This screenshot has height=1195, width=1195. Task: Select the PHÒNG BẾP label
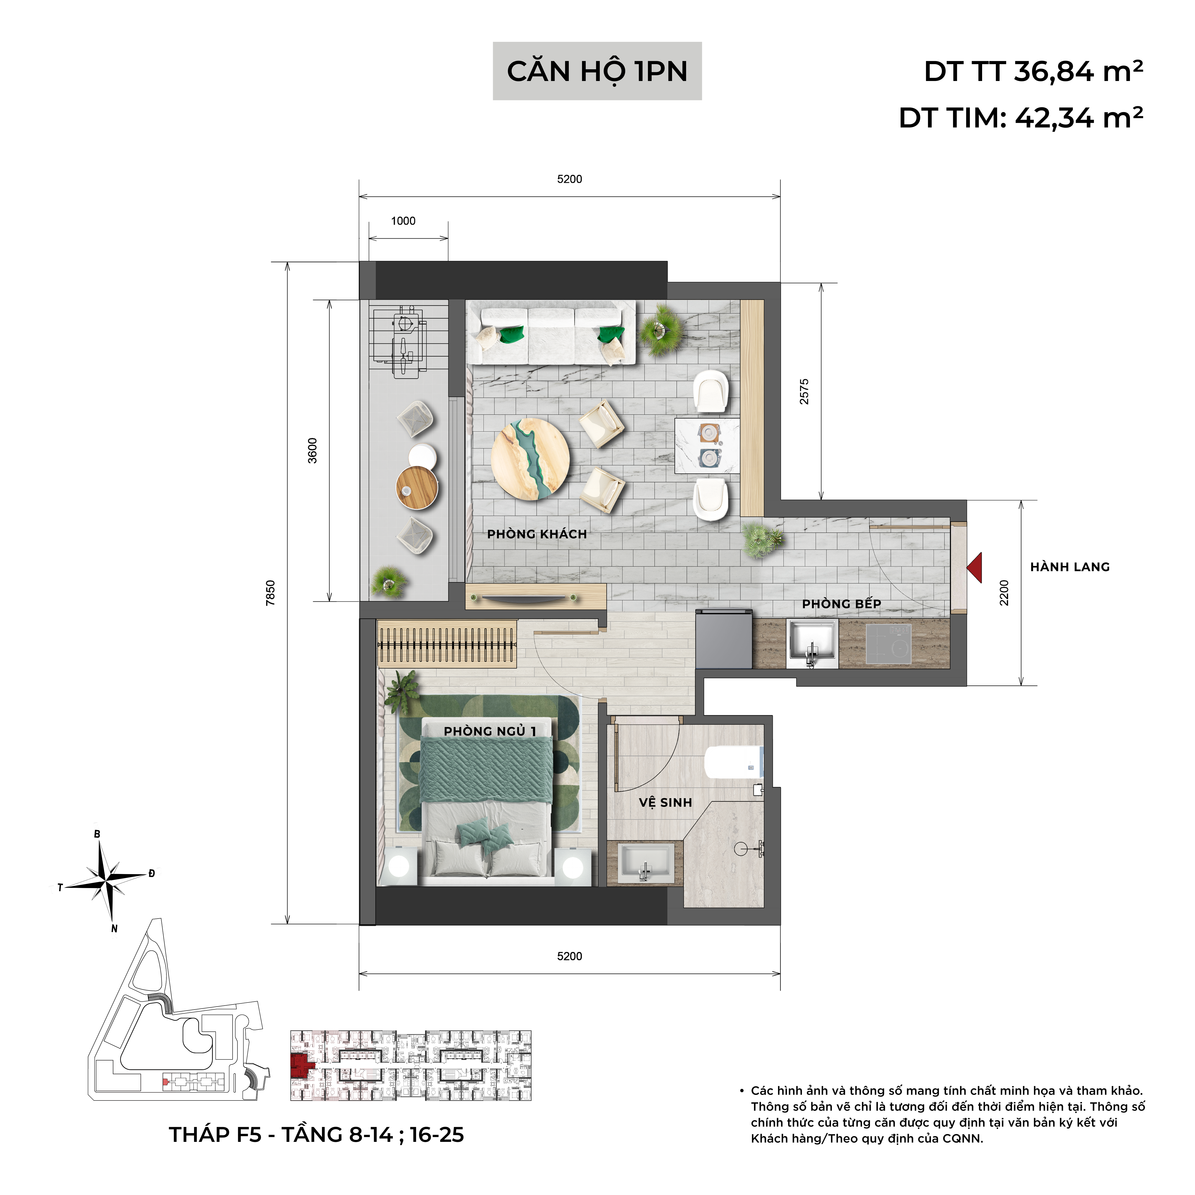tap(841, 604)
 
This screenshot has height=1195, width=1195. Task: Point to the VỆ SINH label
tap(665, 802)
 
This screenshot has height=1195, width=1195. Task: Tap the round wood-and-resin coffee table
tap(530, 458)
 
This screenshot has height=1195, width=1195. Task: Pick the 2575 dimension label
tap(804, 391)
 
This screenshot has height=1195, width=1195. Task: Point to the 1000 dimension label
tap(403, 221)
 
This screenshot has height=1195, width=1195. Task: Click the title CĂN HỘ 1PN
tap(597, 72)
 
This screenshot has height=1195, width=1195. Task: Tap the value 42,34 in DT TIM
tap(1055, 118)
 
